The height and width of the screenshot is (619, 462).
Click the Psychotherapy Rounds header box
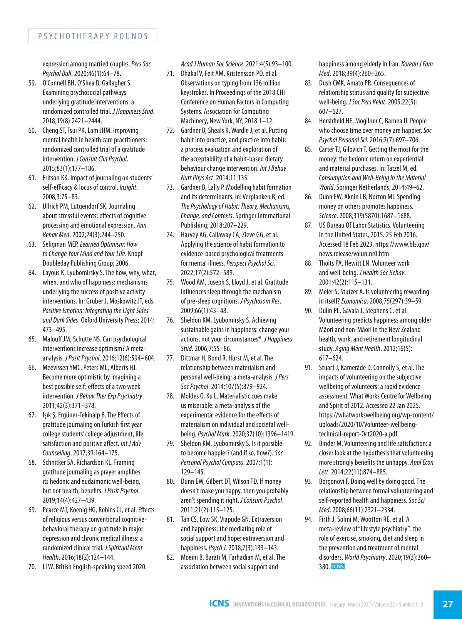[93, 36]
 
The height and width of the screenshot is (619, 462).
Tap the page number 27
[448, 604]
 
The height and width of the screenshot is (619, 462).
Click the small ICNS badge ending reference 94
[338, 567]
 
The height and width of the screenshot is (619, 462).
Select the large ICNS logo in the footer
[219, 604]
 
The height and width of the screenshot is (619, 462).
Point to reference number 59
[32, 83]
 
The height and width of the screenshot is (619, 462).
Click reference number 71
[171, 74]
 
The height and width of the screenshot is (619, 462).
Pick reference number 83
[309, 83]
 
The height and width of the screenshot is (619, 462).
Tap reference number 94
[309, 519]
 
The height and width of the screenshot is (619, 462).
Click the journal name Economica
[354, 301]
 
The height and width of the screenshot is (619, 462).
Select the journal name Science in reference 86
[328, 216]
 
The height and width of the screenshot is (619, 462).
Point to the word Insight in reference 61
[128, 187]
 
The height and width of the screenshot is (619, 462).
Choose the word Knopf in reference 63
[135, 254]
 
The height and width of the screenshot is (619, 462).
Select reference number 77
[171, 358]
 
